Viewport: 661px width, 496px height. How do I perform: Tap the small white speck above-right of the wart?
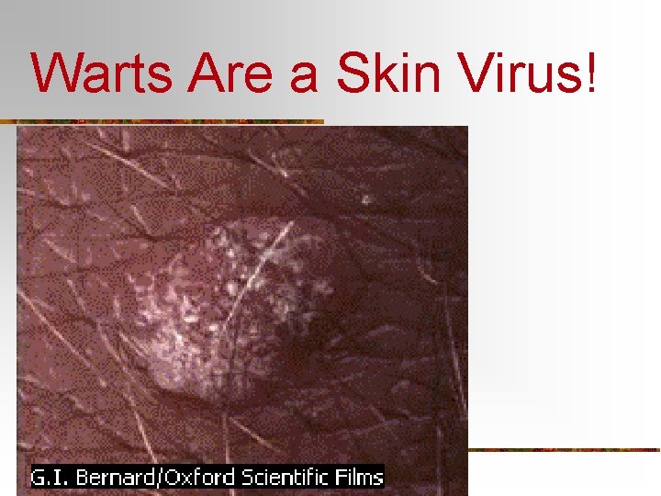coord(365,198)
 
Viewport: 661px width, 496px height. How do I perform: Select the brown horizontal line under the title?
coord(165,121)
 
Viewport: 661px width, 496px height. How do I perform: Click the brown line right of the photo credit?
coord(565,450)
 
